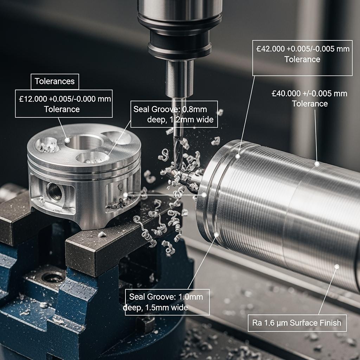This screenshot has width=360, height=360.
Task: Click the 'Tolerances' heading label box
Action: (55, 82)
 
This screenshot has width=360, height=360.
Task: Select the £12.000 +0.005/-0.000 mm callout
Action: (64, 104)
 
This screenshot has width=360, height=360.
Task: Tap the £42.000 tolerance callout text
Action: (302, 54)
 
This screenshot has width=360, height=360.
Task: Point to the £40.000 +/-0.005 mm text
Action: (309, 94)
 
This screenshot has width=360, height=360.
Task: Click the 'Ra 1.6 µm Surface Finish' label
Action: (297, 323)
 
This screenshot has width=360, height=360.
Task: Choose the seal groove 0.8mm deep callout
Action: (174, 114)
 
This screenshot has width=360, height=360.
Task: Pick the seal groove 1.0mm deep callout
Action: (167, 302)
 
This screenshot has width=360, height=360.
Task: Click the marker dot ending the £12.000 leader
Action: (67, 140)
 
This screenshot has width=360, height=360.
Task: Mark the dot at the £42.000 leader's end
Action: (238, 156)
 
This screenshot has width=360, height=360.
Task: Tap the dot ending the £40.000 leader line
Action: (317, 164)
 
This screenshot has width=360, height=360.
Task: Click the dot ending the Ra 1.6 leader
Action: (337, 266)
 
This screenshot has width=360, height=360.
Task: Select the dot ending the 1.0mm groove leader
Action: (216, 234)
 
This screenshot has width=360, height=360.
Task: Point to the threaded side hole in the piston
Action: (54, 192)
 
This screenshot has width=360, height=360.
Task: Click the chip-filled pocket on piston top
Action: (47, 145)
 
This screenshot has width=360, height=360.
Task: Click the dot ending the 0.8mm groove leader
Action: (107, 158)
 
